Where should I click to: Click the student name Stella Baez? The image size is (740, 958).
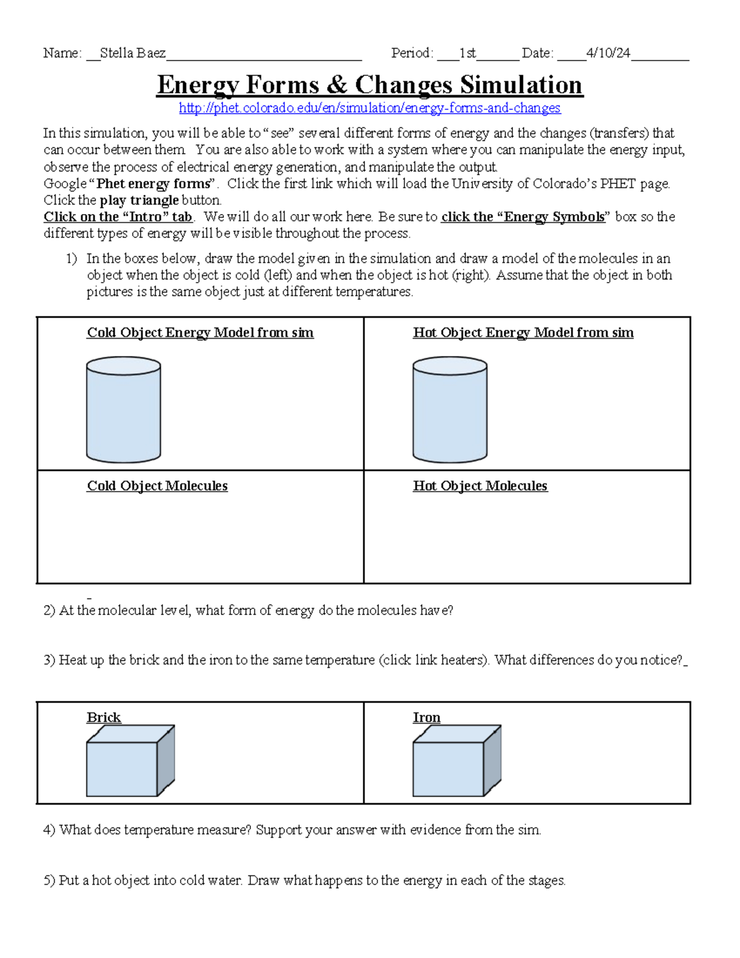133,53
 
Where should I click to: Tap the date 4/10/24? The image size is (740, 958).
608,53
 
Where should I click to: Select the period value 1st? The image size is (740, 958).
467,53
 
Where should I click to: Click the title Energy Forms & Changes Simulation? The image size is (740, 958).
369,85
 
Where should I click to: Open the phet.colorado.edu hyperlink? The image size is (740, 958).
369,108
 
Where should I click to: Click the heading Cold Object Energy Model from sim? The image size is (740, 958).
200,332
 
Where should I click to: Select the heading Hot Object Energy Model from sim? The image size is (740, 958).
523,332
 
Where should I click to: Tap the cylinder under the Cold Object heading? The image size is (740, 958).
123,410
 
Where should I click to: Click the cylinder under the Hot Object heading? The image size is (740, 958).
450,410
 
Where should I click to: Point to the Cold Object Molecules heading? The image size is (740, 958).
157,486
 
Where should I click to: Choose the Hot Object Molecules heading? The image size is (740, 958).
480,486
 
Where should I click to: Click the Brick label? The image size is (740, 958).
104,717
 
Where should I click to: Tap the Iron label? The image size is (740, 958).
426,717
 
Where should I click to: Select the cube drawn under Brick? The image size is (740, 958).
129,762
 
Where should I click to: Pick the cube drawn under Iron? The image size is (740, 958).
456,762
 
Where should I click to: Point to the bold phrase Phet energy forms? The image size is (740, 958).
154,184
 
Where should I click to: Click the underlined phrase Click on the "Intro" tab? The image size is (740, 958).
118,217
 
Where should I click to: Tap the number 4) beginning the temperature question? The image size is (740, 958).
49,830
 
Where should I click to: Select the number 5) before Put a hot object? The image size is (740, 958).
49,881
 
